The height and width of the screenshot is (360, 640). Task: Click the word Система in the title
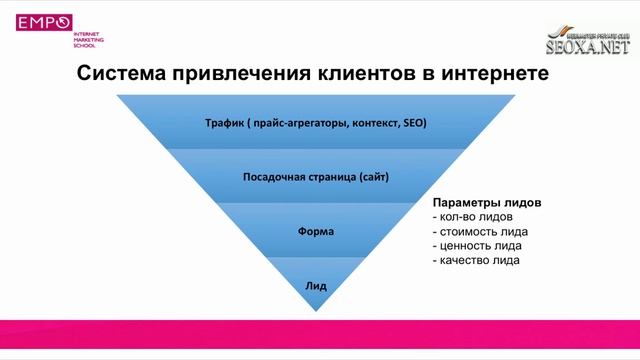click(x=124, y=75)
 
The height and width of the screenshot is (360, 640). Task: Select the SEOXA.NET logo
click(x=588, y=43)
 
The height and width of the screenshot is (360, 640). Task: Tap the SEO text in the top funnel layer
click(x=414, y=124)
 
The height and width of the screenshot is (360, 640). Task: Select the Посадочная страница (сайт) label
click(x=316, y=177)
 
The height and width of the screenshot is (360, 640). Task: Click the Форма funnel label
click(x=316, y=231)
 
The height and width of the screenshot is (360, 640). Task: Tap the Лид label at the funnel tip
click(x=316, y=285)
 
